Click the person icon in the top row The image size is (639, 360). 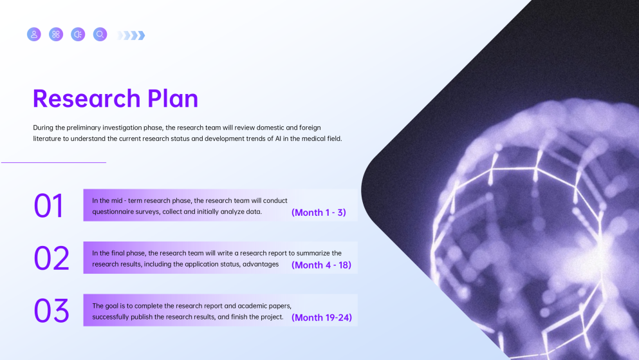(x=34, y=34)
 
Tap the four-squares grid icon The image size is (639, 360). (x=56, y=34)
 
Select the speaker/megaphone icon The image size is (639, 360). (x=78, y=34)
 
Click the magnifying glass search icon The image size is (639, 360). (x=100, y=34)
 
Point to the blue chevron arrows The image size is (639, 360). (x=132, y=35)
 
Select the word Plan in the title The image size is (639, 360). (x=172, y=99)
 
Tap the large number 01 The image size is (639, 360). (x=49, y=206)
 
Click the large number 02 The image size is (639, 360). (x=51, y=258)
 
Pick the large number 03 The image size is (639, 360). (x=51, y=310)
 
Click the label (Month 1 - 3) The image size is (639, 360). (x=319, y=213)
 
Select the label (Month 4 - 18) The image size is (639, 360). (x=321, y=265)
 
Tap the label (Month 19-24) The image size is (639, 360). (x=321, y=317)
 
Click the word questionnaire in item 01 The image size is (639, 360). (x=113, y=212)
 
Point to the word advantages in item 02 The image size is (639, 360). (x=261, y=264)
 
